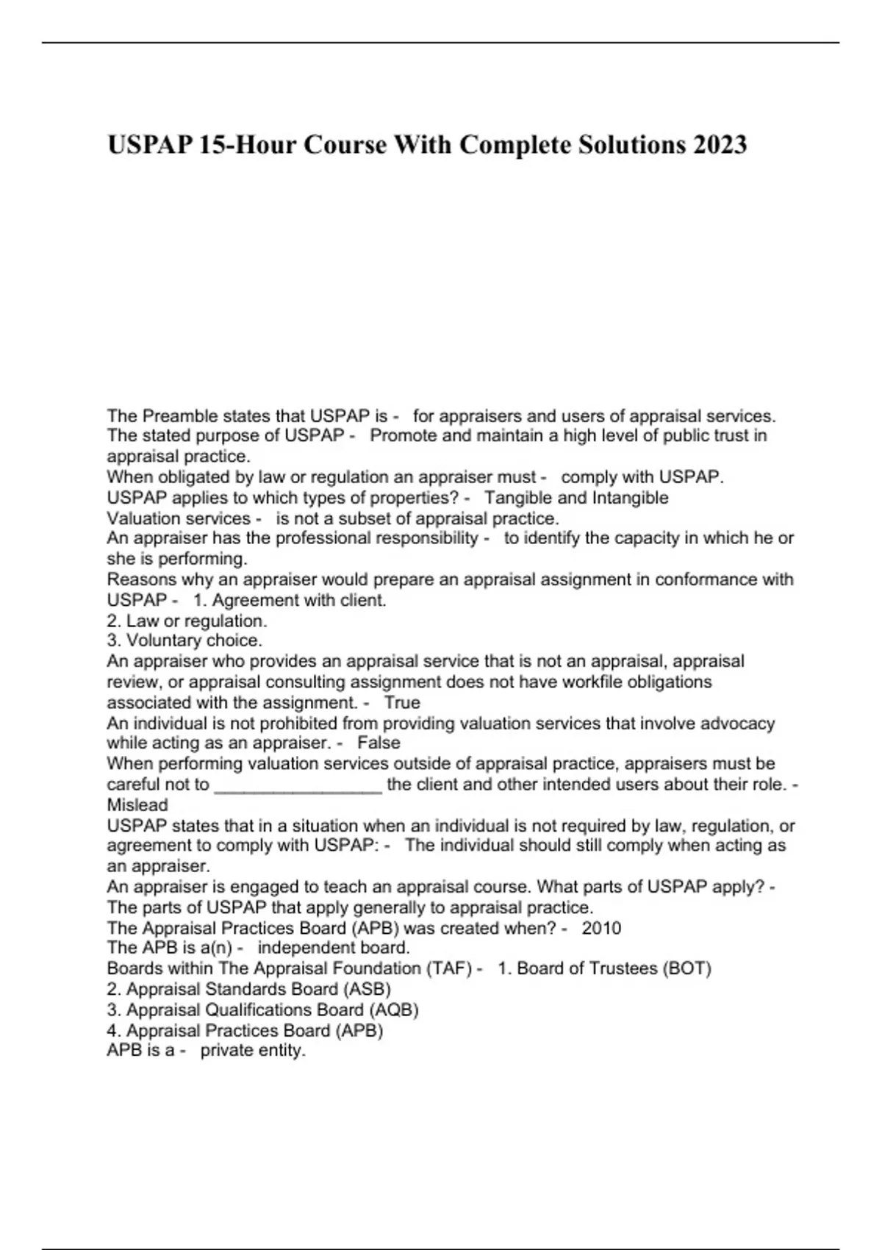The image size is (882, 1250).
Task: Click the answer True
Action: tap(402, 702)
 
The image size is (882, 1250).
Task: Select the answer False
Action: tap(379, 743)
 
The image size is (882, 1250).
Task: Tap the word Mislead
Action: tap(137, 804)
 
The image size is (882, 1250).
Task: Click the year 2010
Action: tap(601, 928)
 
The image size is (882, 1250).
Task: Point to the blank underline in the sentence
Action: tap(298, 785)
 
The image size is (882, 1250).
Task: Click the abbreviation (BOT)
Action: tap(686, 968)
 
